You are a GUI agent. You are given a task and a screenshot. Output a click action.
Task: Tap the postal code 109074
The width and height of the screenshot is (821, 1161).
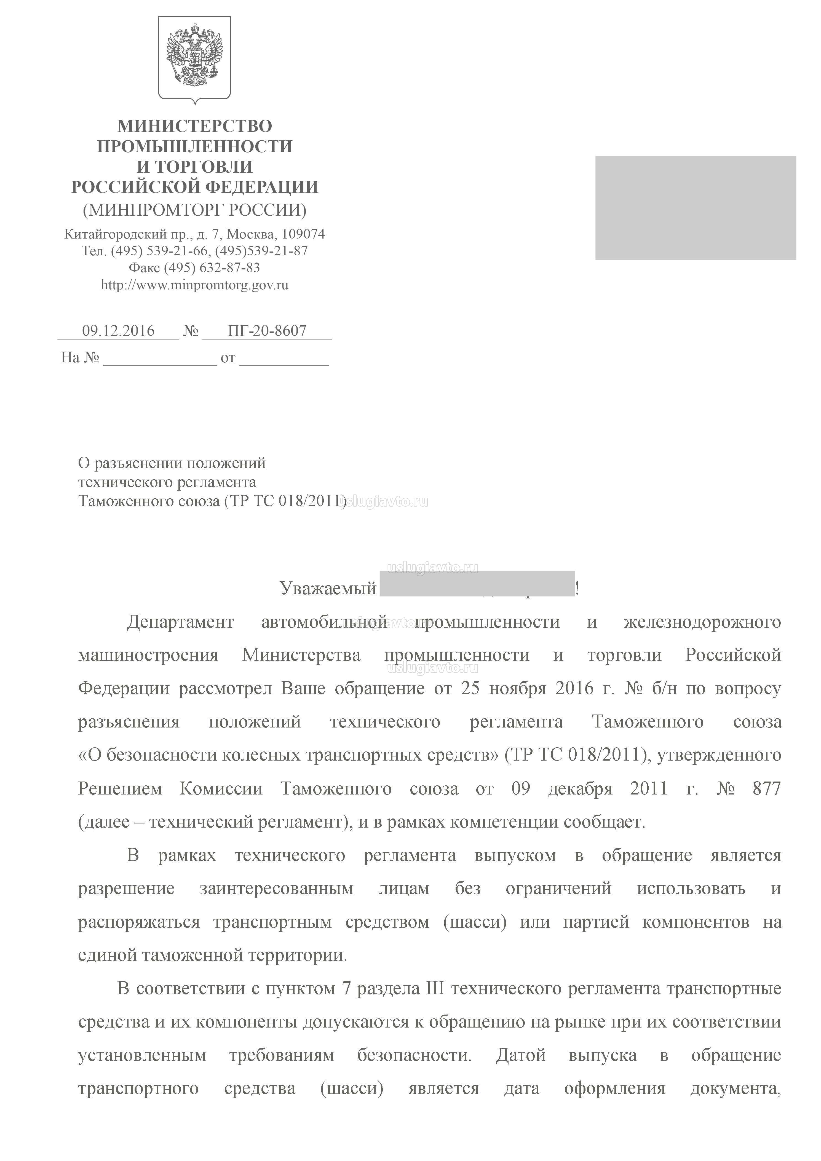tap(303, 234)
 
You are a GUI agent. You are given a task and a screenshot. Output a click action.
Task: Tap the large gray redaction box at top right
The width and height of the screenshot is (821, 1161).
tap(696, 208)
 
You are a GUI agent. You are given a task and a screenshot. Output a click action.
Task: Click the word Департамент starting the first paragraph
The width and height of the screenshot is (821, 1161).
tap(180, 622)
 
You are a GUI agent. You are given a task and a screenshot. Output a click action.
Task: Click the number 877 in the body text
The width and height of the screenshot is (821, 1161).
tap(766, 789)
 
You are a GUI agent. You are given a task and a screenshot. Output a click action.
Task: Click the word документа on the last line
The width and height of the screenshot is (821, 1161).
tap(736, 1088)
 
